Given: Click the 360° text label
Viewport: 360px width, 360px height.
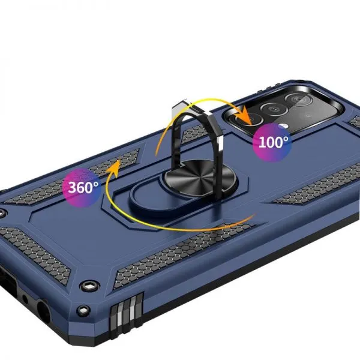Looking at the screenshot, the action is pyautogui.click(x=83, y=187).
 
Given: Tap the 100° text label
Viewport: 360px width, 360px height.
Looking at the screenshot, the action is pyautogui.click(x=273, y=142).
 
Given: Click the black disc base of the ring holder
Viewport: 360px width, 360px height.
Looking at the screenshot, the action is pyautogui.click(x=199, y=177).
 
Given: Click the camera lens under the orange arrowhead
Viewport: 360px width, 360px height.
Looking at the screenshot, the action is pyautogui.click(x=250, y=119).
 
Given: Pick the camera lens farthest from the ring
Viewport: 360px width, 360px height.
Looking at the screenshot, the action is pyautogui.click(x=299, y=100).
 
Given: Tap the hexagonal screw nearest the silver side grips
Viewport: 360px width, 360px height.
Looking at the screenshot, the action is pyautogui.click(x=89, y=286).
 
